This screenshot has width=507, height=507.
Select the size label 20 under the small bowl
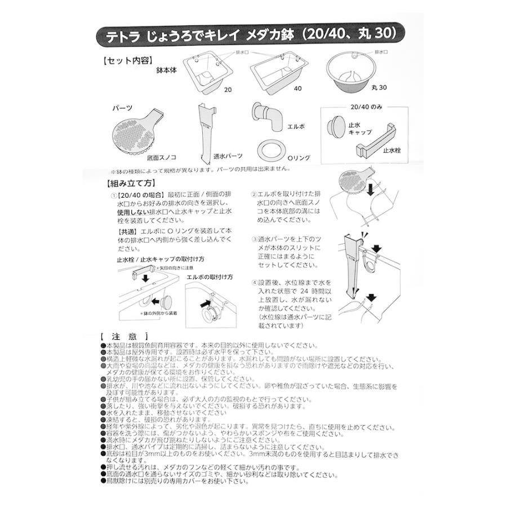(228, 89)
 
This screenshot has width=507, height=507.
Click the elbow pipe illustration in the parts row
(266, 118)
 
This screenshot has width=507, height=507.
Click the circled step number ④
(255, 282)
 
